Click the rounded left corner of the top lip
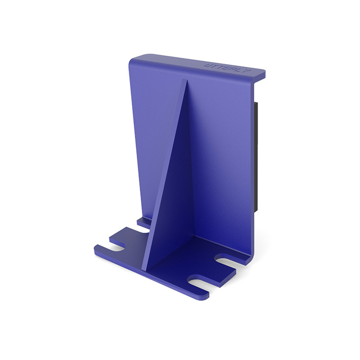pyautogui.click(x=133, y=58)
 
